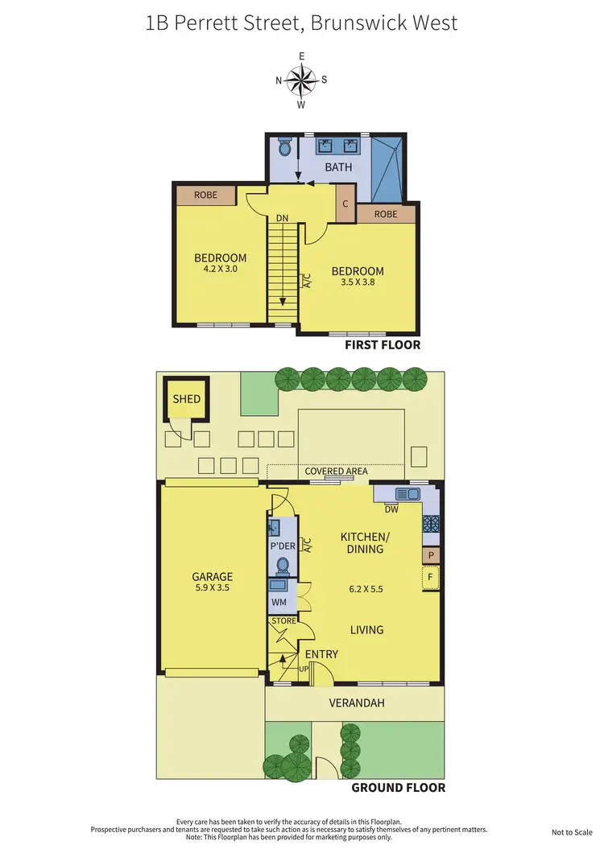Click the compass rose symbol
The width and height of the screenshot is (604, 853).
(301, 80)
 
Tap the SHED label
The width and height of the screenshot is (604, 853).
(186, 398)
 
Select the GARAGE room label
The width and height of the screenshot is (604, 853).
(212, 576)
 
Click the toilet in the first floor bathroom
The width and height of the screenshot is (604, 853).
(283, 149)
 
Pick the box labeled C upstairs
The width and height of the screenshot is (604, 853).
(345, 203)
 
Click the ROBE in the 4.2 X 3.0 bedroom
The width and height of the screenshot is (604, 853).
(206, 195)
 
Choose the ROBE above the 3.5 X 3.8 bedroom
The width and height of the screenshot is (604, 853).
(386, 214)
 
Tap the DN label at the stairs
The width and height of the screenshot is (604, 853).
(281, 218)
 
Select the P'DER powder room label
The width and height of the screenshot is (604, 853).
(282, 546)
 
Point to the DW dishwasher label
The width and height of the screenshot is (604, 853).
(391, 509)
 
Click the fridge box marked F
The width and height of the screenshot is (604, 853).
(430, 577)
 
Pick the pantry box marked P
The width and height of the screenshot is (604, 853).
(431, 555)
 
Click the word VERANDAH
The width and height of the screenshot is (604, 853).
(357, 703)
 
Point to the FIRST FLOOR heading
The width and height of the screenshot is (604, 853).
(383, 344)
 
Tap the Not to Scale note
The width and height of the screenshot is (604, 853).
(572, 832)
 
